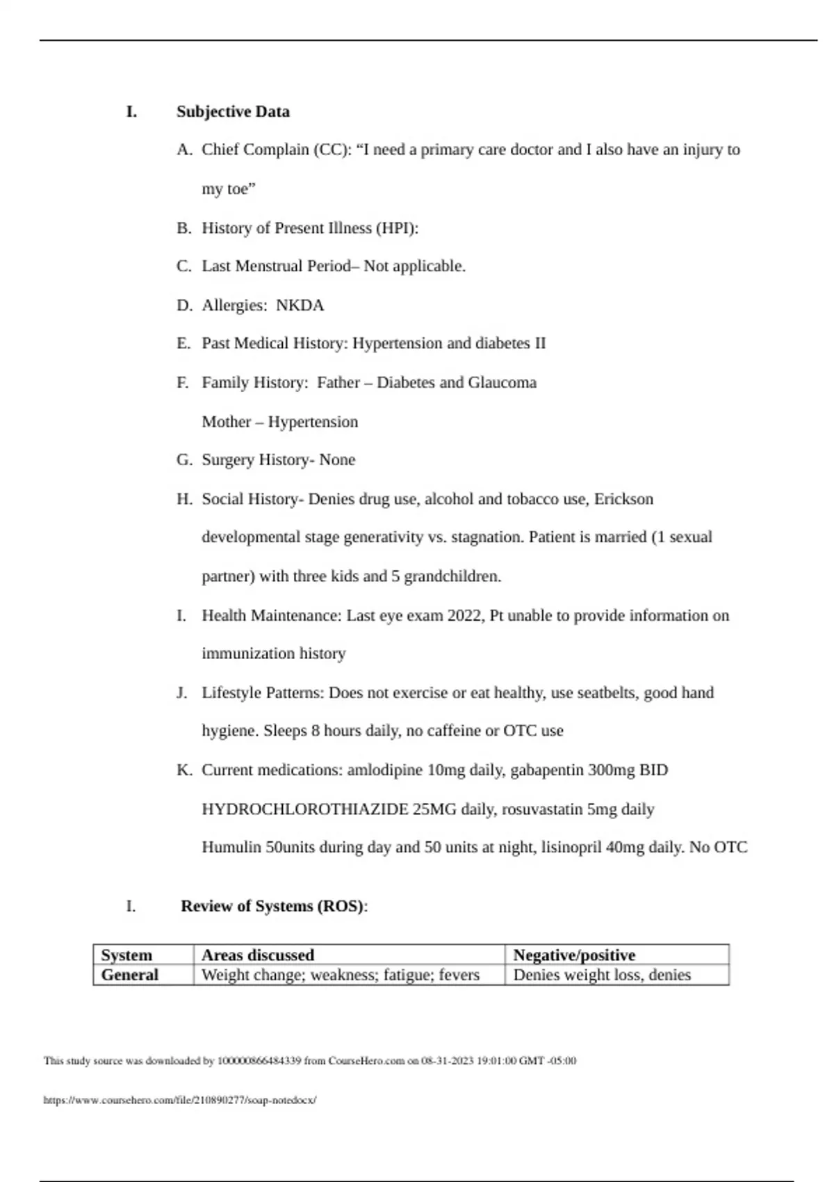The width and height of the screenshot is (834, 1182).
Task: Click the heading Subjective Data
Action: (233, 112)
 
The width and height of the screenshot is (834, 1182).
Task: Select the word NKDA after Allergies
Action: (300, 305)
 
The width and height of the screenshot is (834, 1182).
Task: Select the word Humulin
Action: (232, 848)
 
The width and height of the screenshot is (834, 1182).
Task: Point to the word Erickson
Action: (623, 499)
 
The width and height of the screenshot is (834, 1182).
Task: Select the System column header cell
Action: (126, 955)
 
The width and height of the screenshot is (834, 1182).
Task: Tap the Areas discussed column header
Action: (258, 955)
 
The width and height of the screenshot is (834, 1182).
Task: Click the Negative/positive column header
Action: (574, 955)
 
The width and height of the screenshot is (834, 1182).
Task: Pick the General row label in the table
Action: (130, 975)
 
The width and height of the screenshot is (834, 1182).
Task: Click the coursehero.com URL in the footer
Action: (180, 1101)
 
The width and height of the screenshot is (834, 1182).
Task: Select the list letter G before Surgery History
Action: (184, 460)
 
